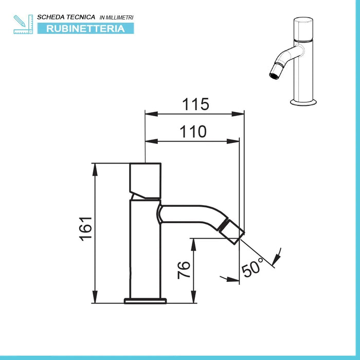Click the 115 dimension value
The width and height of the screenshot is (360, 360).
[195, 104]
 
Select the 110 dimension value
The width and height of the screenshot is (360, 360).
[193, 132]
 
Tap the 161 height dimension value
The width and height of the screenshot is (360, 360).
[86, 228]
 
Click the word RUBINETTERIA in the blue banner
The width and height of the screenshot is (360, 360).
[85, 28]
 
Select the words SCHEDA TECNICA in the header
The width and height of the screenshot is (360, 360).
[66, 17]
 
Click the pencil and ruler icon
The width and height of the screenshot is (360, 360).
[23, 24]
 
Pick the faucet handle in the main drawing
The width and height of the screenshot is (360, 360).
[145, 182]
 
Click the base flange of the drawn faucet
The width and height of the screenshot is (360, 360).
[146, 300]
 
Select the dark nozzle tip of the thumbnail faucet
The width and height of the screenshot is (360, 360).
[272, 75]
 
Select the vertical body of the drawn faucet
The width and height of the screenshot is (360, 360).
[145, 247]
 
